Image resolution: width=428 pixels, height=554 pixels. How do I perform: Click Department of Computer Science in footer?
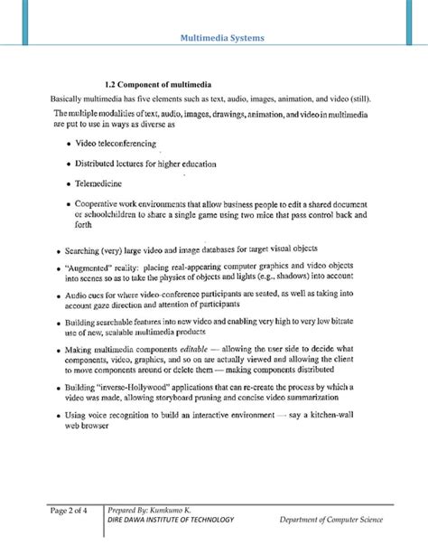(330, 521)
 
